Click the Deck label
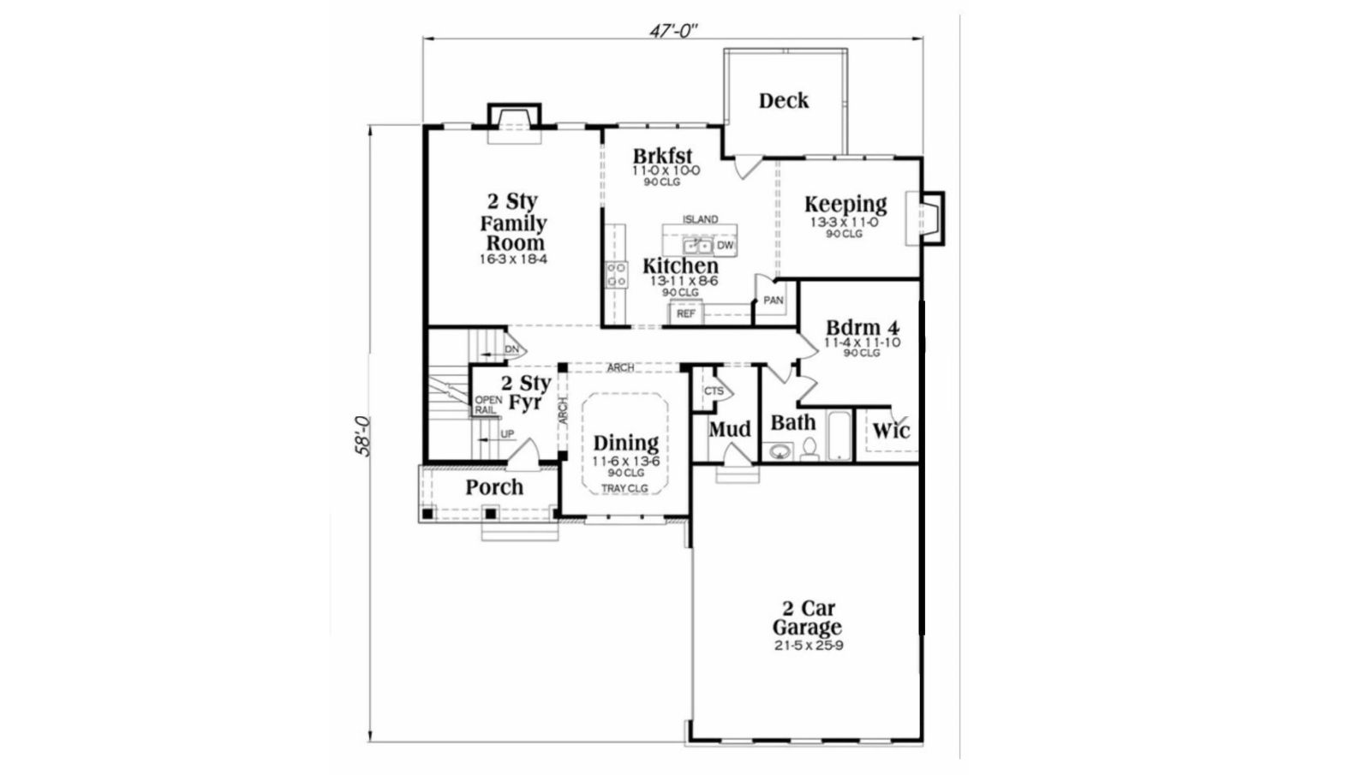(x=784, y=101)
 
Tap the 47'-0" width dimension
(x=673, y=31)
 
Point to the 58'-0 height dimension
(x=362, y=436)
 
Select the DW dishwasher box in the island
(x=725, y=246)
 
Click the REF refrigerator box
(x=686, y=314)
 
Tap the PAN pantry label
(x=774, y=301)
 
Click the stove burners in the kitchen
(x=616, y=274)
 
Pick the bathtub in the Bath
(x=839, y=435)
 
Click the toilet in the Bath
(x=809, y=450)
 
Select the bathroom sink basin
(x=779, y=452)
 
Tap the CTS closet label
(x=714, y=390)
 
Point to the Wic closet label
(x=891, y=431)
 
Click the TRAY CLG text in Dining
(x=624, y=489)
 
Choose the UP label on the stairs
(x=507, y=434)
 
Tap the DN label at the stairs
(x=511, y=350)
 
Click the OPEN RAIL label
(x=488, y=405)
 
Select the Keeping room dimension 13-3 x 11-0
(x=845, y=223)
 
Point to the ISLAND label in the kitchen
(x=700, y=219)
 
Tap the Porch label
(x=494, y=487)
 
